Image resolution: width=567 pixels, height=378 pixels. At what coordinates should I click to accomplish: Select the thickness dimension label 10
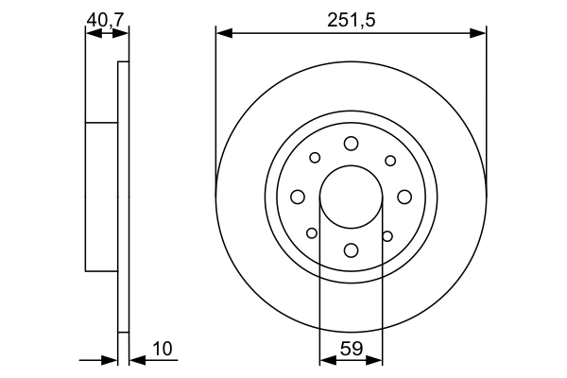tap(162, 349)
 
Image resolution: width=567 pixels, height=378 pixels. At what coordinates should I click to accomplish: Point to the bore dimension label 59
tap(351, 348)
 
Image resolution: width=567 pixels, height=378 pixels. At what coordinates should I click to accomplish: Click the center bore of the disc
tap(351, 197)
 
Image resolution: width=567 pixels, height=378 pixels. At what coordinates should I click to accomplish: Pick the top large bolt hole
tap(351, 143)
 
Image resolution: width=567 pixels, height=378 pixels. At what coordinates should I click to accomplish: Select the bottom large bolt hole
tap(351, 249)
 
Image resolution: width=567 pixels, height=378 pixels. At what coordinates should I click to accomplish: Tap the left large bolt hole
tap(298, 197)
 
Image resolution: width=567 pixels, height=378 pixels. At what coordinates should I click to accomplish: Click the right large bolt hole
tap(404, 197)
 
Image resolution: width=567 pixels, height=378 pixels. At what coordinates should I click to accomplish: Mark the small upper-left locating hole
tap(315, 158)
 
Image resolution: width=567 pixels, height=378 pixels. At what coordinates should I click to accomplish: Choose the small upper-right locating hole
tap(389, 160)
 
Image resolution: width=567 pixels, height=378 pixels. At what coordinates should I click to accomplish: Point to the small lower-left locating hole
tap(312, 233)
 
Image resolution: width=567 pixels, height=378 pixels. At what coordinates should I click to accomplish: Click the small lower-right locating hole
tap(387, 235)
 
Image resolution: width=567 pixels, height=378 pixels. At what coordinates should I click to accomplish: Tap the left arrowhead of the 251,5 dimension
tap(222, 33)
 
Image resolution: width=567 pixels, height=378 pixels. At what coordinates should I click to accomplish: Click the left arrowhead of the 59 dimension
tap(326, 359)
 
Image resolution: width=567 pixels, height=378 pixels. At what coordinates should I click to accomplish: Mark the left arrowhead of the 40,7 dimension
tap(91, 33)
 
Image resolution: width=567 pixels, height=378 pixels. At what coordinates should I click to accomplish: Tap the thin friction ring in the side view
tap(122, 197)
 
